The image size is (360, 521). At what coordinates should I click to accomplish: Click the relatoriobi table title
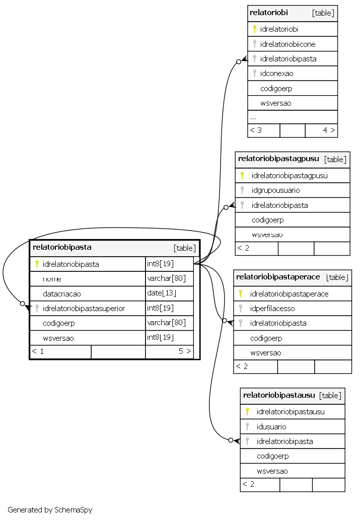(x=268, y=13)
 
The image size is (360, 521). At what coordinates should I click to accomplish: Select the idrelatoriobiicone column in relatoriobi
(x=287, y=44)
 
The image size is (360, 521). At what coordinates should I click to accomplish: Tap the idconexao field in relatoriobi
(x=276, y=73)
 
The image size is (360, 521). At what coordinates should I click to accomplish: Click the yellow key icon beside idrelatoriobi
(x=254, y=29)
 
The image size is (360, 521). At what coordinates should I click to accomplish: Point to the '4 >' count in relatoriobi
(x=329, y=130)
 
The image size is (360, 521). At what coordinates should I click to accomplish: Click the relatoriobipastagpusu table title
(x=278, y=159)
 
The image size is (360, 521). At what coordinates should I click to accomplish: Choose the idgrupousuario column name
(x=275, y=190)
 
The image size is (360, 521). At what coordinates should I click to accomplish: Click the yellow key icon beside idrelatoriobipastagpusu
(x=242, y=175)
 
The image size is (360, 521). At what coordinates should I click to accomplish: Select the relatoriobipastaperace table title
(x=278, y=277)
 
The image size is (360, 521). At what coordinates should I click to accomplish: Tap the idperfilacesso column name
(x=272, y=309)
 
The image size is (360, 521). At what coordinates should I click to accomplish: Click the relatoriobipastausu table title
(x=279, y=395)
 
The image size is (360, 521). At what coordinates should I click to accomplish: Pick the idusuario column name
(x=271, y=427)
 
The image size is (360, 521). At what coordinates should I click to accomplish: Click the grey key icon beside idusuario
(x=247, y=426)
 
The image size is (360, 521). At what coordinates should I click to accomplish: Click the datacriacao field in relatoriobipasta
(x=62, y=294)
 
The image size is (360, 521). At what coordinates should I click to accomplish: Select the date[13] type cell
(x=162, y=293)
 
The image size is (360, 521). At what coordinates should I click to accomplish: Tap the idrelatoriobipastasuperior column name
(x=84, y=309)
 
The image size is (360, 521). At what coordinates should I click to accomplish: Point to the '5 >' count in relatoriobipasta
(x=185, y=351)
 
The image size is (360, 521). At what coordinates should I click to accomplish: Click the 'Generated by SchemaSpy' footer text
(x=50, y=510)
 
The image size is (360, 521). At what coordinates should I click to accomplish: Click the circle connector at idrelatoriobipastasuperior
(x=22, y=304)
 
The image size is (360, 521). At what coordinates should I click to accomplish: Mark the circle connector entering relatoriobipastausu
(x=231, y=440)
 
